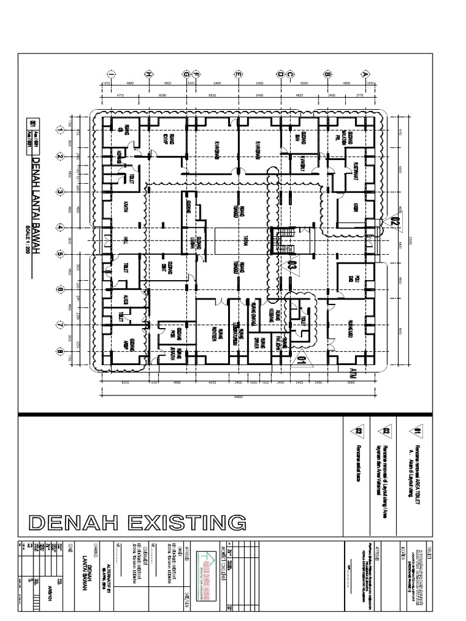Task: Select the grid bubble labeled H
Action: (147, 74)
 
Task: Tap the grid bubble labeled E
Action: (239, 74)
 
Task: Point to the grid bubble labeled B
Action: (327, 74)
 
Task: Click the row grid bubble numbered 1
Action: (60, 129)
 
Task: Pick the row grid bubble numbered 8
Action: (60, 351)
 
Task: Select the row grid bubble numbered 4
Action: (60, 227)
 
